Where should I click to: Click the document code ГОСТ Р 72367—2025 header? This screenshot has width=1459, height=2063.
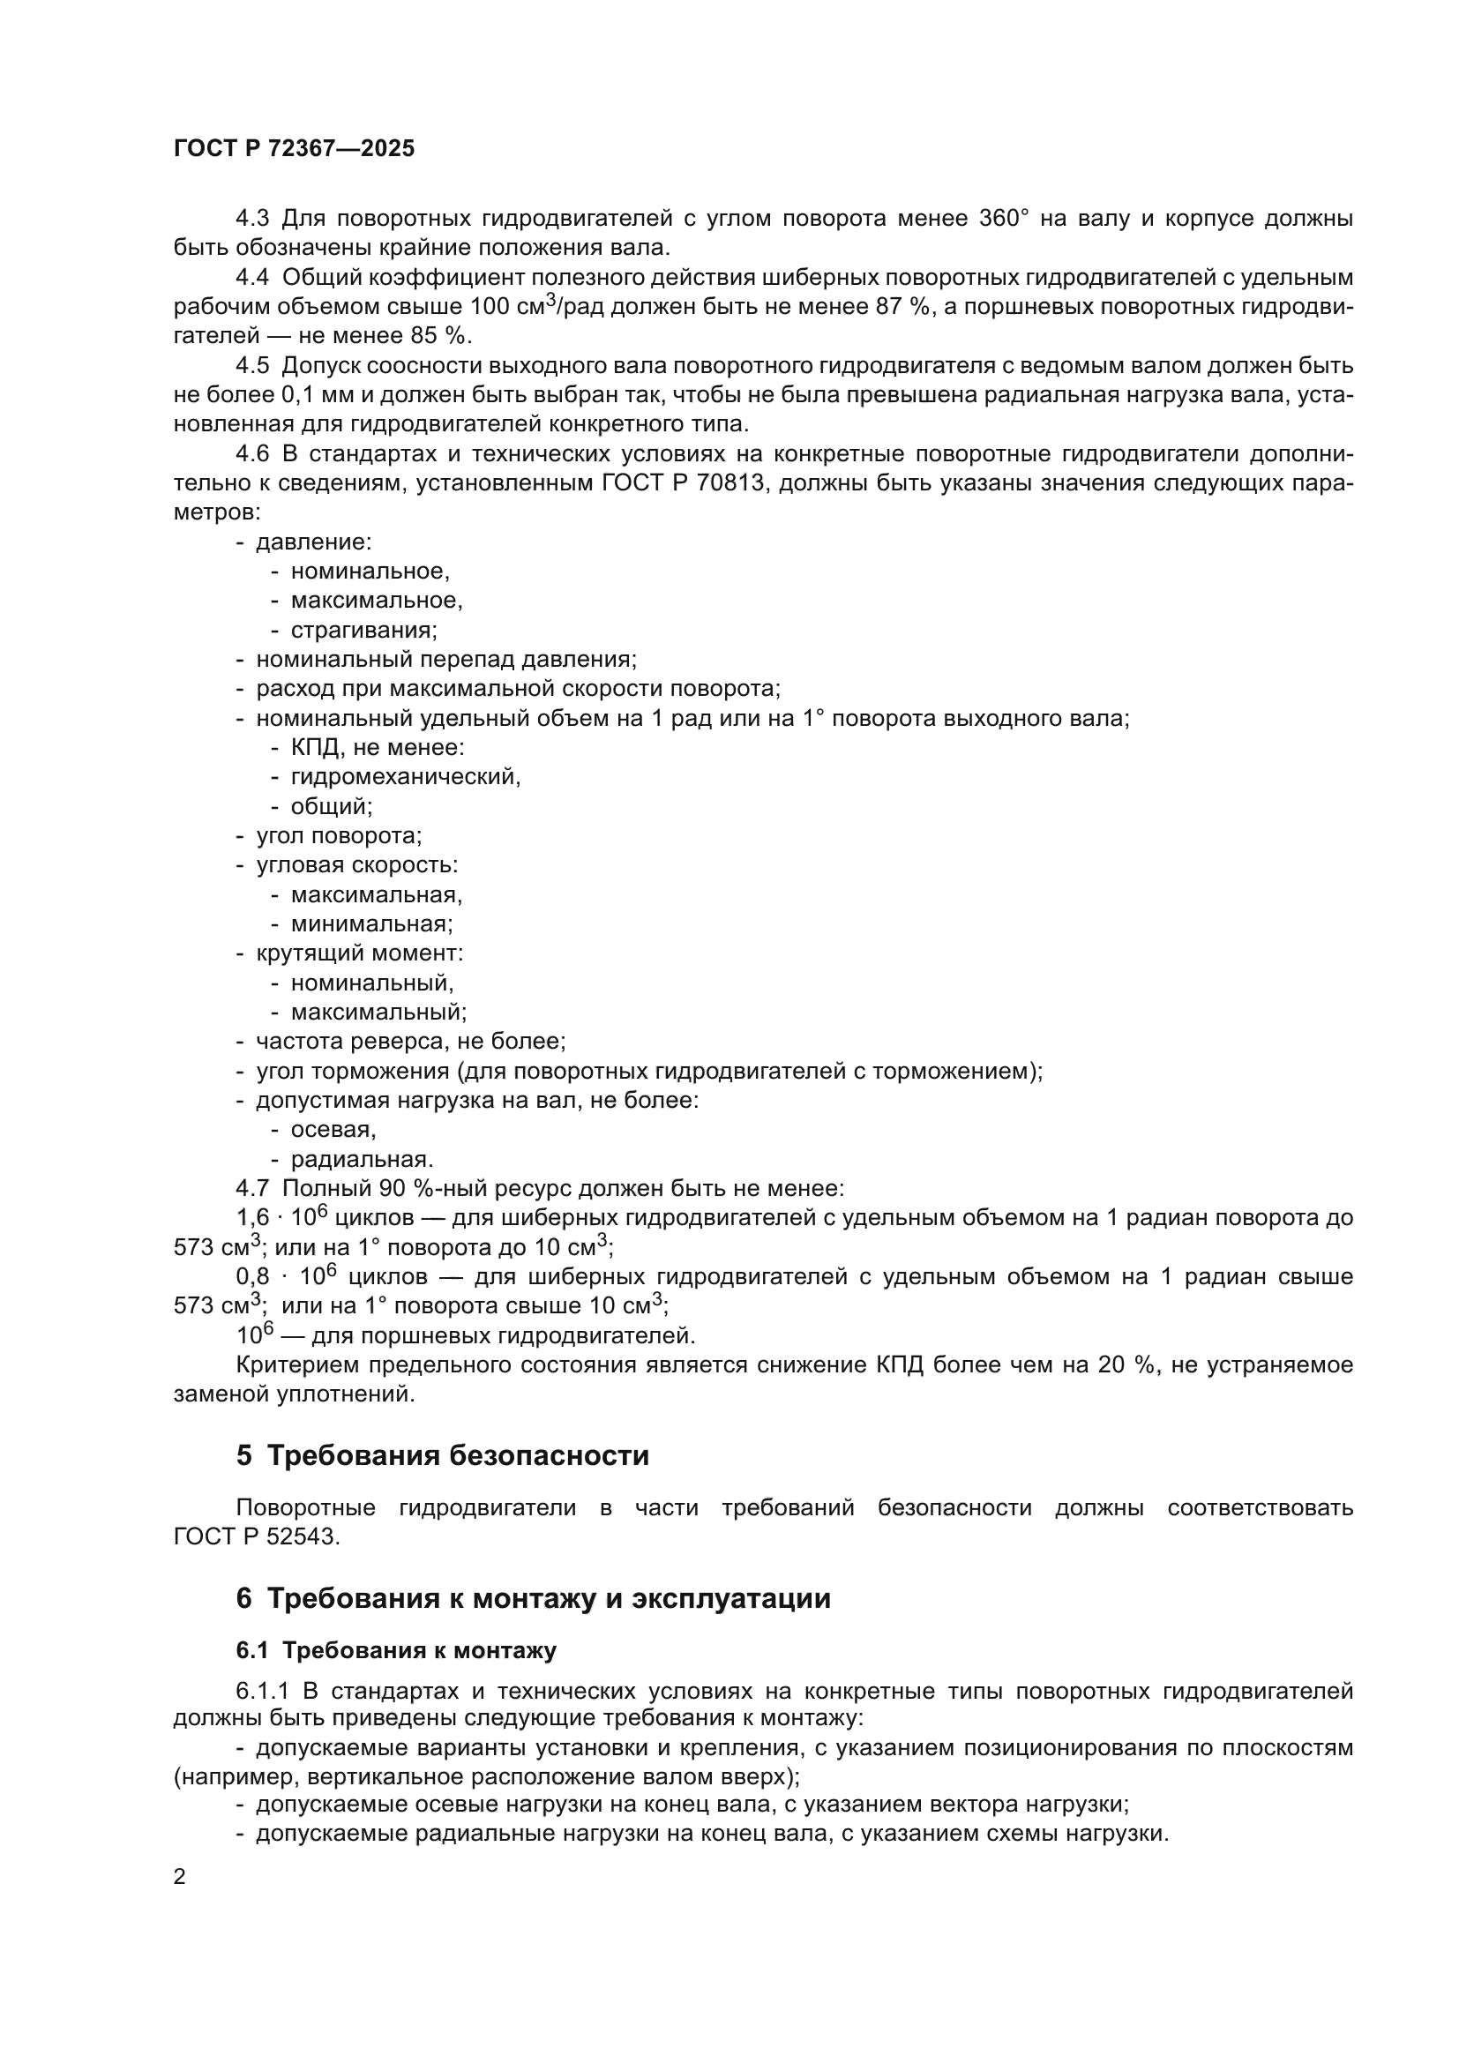click(294, 149)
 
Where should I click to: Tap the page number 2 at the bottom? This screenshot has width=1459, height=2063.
click(180, 1876)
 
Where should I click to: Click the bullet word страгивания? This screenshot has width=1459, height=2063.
click(363, 630)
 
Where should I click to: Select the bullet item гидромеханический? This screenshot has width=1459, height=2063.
click(405, 776)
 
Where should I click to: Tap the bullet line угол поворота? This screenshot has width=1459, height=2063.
click(339, 835)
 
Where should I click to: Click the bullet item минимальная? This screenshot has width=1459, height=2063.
click(371, 923)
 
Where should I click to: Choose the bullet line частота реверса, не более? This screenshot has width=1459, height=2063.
click(410, 1042)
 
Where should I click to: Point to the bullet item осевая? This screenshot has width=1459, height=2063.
click(333, 1130)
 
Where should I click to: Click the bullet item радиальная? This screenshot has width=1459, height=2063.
click(361, 1159)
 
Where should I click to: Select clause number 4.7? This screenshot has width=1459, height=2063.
click(252, 1189)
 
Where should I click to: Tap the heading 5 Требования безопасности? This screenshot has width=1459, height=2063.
click(442, 1455)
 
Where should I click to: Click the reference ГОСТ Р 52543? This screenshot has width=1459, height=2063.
click(257, 1536)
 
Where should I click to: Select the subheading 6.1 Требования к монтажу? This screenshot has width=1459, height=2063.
click(396, 1650)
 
